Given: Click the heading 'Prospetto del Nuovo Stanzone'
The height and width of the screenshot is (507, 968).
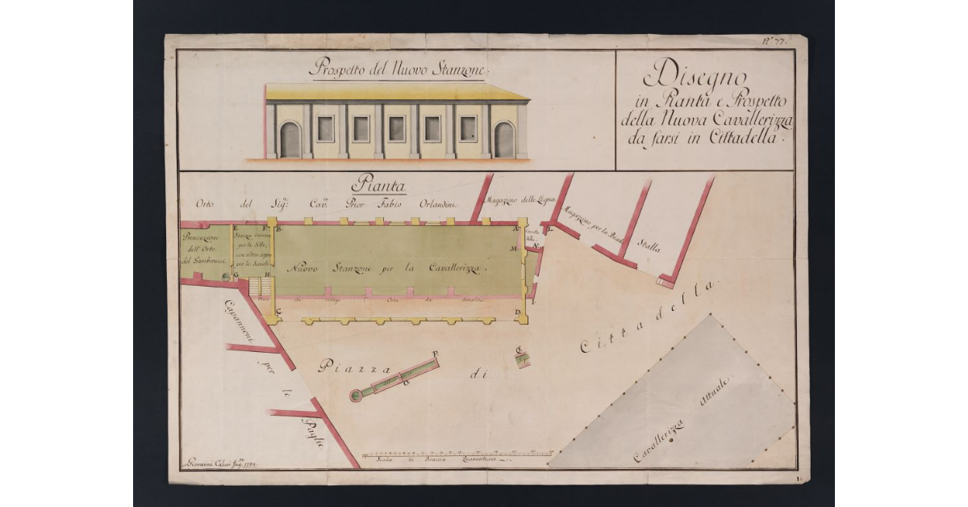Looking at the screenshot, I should click(x=396, y=69).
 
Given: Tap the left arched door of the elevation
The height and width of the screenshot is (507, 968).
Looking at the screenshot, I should click(x=290, y=140).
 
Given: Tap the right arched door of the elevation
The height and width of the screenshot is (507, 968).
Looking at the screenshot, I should click(x=504, y=140).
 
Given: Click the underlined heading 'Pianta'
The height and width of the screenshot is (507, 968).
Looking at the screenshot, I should click(x=378, y=186).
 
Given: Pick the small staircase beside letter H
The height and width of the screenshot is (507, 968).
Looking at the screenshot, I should click(x=259, y=287).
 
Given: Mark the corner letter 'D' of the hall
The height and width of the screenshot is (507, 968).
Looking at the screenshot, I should click(x=517, y=311).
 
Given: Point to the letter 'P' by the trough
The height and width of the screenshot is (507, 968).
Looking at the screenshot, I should click(x=435, y=354).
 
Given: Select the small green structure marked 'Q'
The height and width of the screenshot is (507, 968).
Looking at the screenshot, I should click(x=523, y=360).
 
